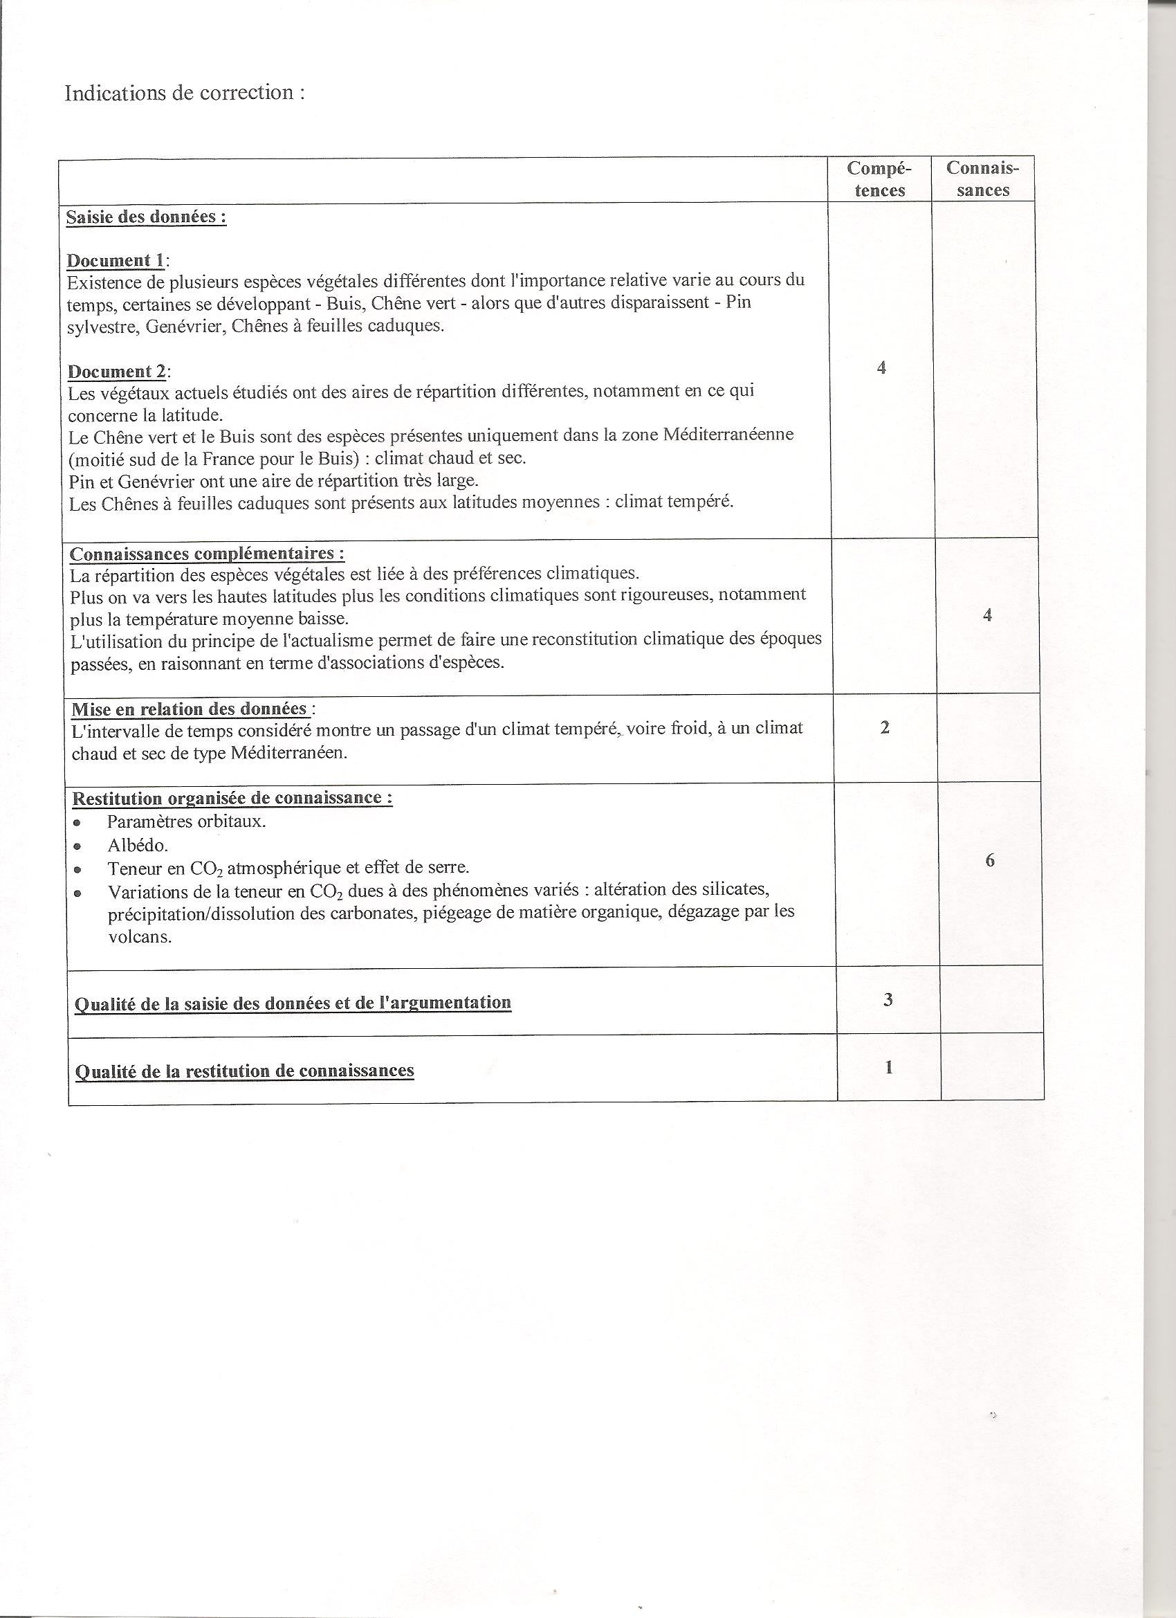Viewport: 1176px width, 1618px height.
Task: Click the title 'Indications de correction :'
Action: [184, 93]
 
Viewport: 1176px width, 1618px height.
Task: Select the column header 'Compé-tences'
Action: [879, 179]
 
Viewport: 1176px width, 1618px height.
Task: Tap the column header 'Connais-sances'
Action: [983, 179]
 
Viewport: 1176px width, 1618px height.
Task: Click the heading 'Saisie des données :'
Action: [146, 217]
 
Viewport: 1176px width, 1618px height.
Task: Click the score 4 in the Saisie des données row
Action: [881, 367]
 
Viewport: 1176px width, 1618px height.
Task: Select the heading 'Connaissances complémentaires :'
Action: [207, 554]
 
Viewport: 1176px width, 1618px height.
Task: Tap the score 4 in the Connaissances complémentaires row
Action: [987, 615]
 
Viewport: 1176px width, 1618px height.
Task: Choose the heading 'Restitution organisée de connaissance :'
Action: [232, 798]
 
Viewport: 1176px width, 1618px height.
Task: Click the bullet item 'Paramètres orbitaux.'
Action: [187, 821]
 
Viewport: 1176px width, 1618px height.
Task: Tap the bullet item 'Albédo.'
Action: [138, 846]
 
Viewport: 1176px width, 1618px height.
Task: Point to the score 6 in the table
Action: [990, 860]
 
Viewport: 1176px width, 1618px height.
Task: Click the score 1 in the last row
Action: [889, 1067]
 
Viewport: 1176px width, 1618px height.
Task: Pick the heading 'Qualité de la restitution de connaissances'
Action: [244, 1071]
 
